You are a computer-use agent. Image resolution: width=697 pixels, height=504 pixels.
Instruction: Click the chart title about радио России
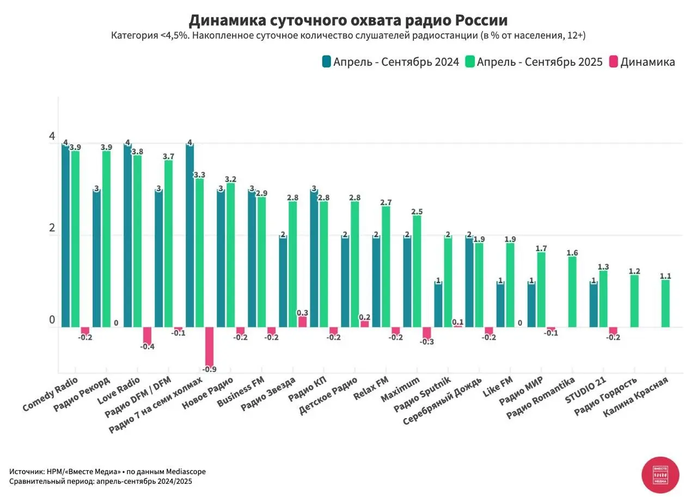[348, 21]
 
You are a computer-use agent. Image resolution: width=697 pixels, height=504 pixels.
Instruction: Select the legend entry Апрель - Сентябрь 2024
[396, 62]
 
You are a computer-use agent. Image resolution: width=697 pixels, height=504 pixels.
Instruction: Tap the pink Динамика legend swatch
[613, 62]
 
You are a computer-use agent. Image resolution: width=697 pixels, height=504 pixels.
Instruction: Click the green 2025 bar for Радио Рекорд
[106, 239]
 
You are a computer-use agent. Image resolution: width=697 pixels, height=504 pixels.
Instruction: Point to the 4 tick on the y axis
[52, 136]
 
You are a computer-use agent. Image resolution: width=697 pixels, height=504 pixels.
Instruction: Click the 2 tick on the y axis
[52, 228]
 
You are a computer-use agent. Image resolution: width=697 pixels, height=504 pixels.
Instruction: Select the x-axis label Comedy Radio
[51, 395]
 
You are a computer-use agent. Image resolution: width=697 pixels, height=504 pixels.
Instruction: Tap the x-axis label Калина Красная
[636, 398]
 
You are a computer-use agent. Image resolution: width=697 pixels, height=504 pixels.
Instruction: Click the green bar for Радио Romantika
[572, 292]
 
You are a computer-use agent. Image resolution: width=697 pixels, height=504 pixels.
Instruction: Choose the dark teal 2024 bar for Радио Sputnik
[438, 304]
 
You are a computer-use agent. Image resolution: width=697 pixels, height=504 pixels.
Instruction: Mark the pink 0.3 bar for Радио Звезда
[302, 322]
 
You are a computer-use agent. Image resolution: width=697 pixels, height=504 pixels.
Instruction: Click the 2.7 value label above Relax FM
[386, 202]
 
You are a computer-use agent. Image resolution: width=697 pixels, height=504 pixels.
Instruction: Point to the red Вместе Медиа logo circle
[660, 475]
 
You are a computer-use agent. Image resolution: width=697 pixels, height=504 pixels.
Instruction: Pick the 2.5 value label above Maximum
[417, 211]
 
